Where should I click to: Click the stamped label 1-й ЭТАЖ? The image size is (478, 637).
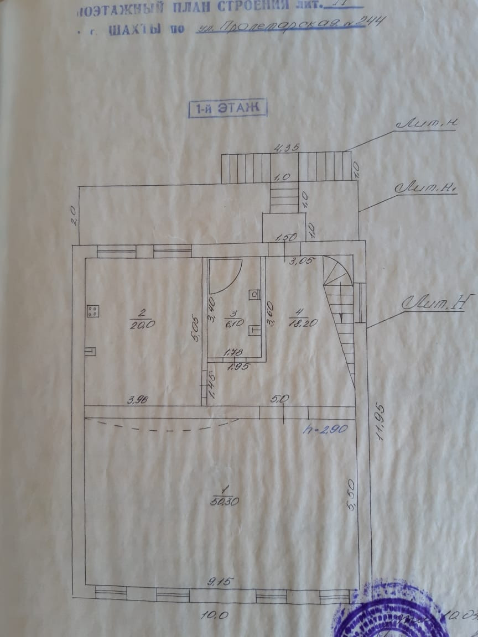click(x=228, y=108)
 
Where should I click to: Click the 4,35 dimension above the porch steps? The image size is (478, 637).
click(x=287, y=148)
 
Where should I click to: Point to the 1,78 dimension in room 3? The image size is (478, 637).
click(x=233, y=352)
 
